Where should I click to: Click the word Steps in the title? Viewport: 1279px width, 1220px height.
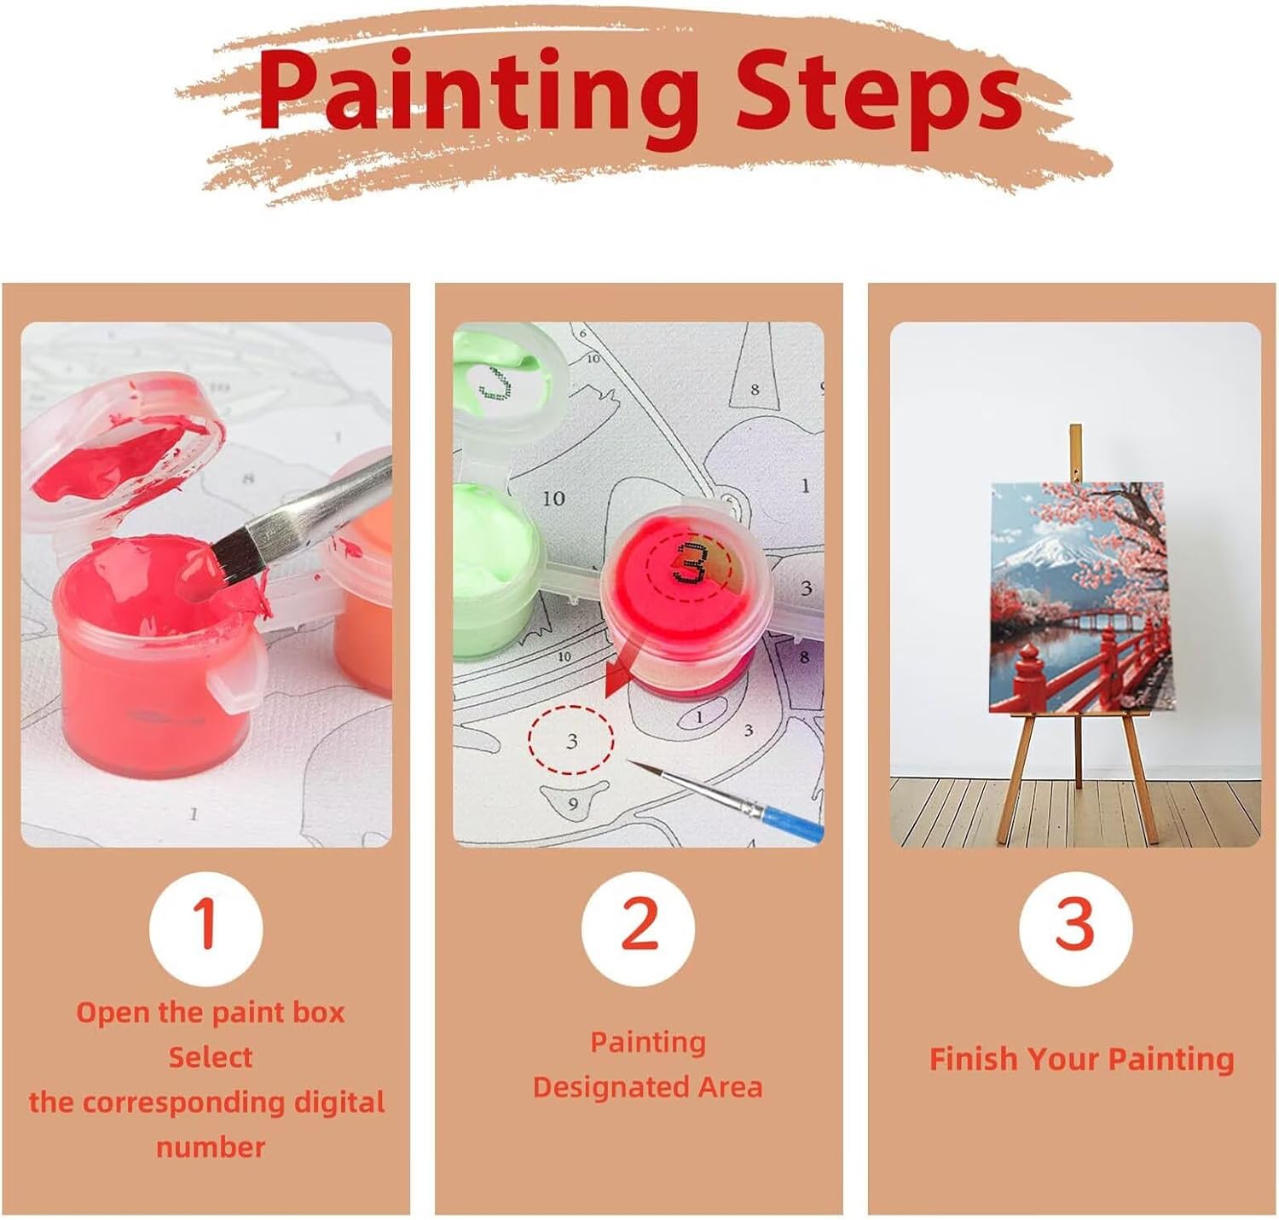point(877,95)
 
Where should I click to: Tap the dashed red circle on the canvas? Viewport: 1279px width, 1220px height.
point(570,740)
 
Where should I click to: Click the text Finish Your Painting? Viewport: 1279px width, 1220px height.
point(1081,1059)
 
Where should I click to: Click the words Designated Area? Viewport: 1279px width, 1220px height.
point(647,1087)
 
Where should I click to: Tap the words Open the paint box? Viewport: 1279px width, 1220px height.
point(210,1013)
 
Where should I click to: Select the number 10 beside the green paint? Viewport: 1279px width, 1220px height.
point(553,499)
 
